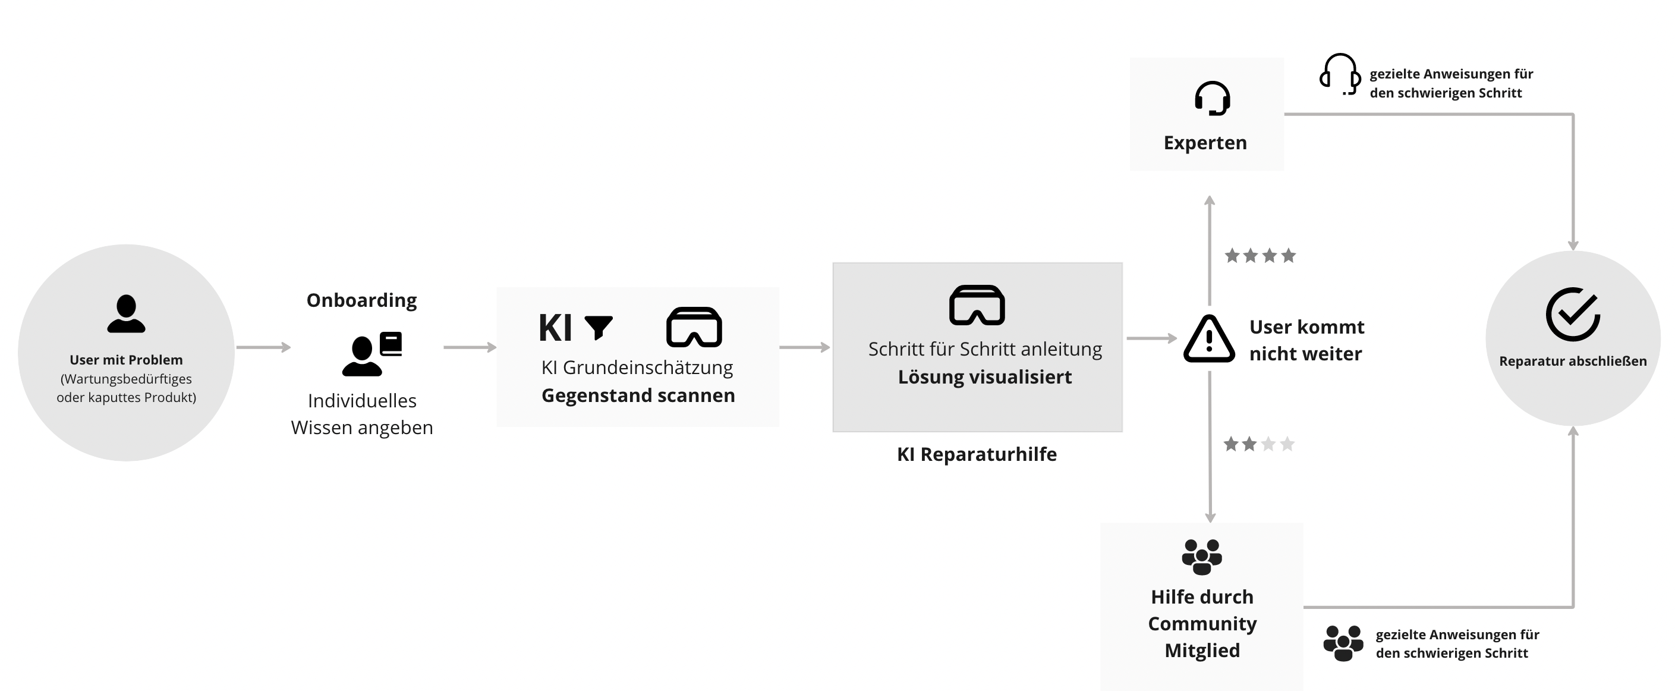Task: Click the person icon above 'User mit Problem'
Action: (126, 313)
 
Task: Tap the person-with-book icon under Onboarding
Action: (372, 354)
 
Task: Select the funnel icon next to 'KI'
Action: (598, 327)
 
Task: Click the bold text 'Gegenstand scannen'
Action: (638, 395)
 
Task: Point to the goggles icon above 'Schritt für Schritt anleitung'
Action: (977, 304)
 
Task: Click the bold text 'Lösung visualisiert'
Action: (984, 377)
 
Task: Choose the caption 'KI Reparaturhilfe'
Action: (977, 454)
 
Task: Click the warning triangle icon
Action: (1209, 338)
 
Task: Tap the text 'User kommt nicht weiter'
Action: (1306, 340)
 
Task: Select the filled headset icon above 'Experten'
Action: (1212, 98)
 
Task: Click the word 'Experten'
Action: (1205, 143)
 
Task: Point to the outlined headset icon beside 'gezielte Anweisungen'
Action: (1340, 74)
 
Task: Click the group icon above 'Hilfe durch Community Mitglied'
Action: (1202, 557)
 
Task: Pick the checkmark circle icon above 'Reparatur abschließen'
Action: (1572, 314)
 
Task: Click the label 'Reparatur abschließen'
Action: (1573, 361)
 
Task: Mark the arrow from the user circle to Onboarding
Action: (263, 347)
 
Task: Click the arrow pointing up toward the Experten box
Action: (1210, 250)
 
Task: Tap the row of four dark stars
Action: (1260, 256)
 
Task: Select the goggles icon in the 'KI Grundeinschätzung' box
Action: (694, 326)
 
